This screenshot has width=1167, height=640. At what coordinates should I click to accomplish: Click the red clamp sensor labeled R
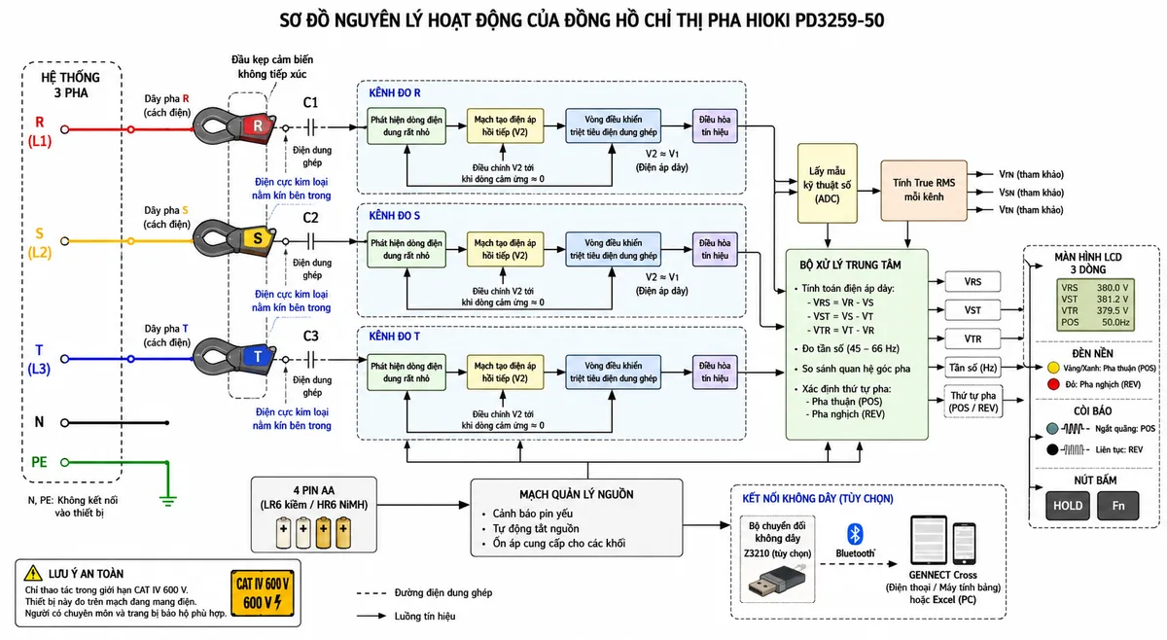pos(234,125)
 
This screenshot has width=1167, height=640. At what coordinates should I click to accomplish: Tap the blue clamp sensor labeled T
pos(234,357)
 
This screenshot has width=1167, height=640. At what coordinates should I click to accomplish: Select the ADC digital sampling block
pos(828,184)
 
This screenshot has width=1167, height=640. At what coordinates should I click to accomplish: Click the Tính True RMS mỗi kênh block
pos(924,191)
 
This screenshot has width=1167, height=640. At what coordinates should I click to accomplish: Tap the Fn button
pos(1118,506)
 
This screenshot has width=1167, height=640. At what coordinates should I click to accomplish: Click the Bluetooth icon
pos(855,534)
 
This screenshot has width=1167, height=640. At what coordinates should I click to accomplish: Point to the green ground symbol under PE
pos(167,501)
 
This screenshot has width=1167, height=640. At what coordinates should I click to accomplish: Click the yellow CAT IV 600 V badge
pos(262,593)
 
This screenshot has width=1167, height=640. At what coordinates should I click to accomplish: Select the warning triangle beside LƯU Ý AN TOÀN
pos(33,573)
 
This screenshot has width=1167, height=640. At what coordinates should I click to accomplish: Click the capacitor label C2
pos(310,218)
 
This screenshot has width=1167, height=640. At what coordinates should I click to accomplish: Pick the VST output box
pos(972,310)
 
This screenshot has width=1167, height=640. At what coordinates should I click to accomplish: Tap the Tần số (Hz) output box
pos(972,368)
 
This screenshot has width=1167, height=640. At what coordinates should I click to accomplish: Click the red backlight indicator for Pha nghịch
pos(1053,384)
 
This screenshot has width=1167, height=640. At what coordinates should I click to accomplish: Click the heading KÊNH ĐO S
pos(395,216)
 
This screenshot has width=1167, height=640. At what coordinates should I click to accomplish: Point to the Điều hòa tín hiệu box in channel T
pos(715,373)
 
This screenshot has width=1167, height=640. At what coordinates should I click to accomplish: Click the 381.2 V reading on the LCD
pos(1113,300)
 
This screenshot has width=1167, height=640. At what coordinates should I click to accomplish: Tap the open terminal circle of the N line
pos(64,423)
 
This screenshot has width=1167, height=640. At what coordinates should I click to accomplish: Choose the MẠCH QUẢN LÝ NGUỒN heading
pos(576,494)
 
